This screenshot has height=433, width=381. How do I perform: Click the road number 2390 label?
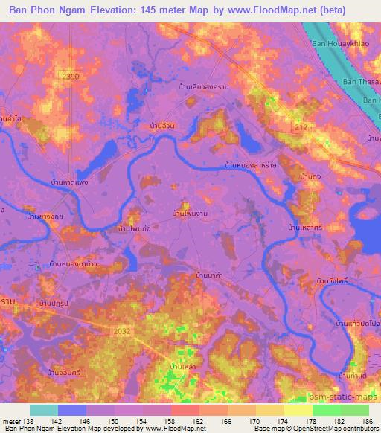(70, 77)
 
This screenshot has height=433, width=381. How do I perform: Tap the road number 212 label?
(299, 129)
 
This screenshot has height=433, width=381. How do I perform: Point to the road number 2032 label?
(124, 330)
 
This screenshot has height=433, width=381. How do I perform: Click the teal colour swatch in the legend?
(44, 410)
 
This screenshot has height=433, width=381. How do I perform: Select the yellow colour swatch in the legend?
(298, 410)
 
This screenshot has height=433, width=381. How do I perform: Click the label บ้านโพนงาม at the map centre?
(190, 214)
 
